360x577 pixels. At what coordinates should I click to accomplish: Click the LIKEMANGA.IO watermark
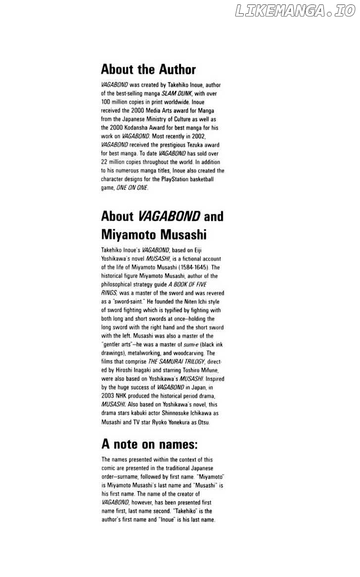point(295,11)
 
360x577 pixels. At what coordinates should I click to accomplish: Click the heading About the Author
point(148,69)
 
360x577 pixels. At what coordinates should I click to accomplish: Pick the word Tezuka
point(192,145)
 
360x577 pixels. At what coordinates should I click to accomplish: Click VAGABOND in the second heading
point(169,216)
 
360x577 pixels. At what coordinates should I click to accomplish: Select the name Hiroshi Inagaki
point(130,371)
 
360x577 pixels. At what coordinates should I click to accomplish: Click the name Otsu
point(203,422)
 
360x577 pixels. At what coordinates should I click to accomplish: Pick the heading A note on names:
point(149,444)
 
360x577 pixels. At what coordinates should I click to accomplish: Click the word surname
point(136,477)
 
